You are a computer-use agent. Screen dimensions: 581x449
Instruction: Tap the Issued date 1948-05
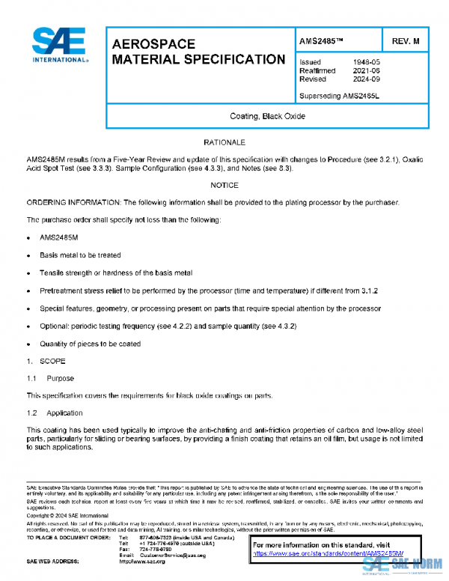(365, 62)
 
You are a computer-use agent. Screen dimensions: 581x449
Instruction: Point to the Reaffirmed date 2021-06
(365, 70)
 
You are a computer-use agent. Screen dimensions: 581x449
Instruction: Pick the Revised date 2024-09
(365, 79)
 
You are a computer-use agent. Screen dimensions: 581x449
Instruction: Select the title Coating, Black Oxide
(267, 116)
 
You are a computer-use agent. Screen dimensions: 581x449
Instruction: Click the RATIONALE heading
(224, 142)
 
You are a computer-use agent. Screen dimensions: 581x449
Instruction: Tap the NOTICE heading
(224, 184)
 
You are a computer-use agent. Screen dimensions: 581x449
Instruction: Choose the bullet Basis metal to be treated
(80, 255)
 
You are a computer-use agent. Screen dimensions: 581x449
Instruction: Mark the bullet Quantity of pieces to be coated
(90, 344)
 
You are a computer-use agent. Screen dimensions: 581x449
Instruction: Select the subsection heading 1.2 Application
(55, 413)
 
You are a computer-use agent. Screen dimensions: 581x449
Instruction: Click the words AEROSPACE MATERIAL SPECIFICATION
(198, 52)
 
